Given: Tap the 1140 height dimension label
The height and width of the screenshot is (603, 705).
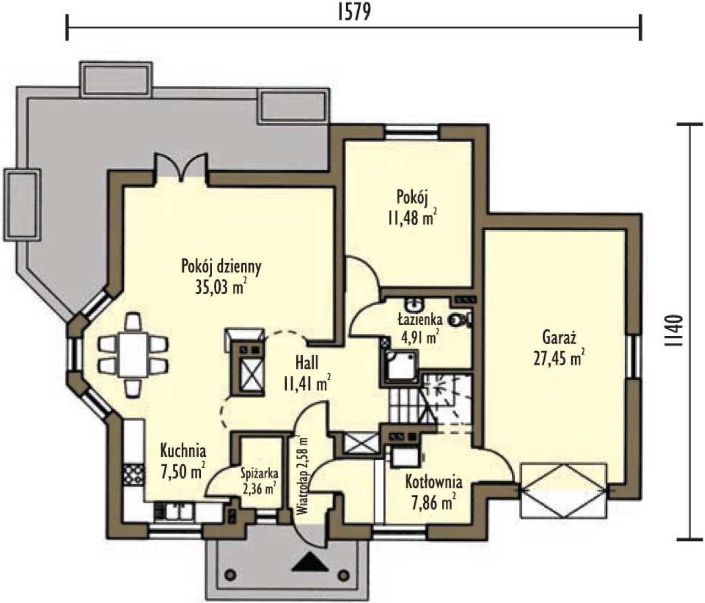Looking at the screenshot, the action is coord(674,331).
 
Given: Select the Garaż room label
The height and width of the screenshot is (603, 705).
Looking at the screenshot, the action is coord(559,338).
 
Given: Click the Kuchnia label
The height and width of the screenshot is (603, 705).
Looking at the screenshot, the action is coord(183,451).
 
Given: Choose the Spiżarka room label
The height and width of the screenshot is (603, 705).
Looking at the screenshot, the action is coord(259,474).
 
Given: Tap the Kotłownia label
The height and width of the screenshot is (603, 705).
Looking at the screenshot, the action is coord(434,482).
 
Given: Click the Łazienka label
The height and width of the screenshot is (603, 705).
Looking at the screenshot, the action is coord(420,320).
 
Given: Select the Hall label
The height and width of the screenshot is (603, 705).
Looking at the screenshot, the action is coord(307,362).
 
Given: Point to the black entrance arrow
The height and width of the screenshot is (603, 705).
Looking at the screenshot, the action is coord(309,561).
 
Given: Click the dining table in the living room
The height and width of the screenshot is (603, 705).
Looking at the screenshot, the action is coord(133,356).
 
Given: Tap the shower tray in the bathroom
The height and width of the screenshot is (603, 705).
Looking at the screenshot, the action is coord(401,367).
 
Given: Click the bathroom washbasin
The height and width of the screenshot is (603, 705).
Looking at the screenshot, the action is coord(414,304).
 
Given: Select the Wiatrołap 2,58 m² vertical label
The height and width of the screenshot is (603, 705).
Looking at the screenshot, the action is coord(303,476).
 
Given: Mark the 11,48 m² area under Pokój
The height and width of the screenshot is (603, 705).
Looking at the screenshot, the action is coord(412,218).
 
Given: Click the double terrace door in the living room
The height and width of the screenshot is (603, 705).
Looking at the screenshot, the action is coord(181,167).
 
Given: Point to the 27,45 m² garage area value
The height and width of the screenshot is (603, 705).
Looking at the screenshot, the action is coord(559,358).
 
